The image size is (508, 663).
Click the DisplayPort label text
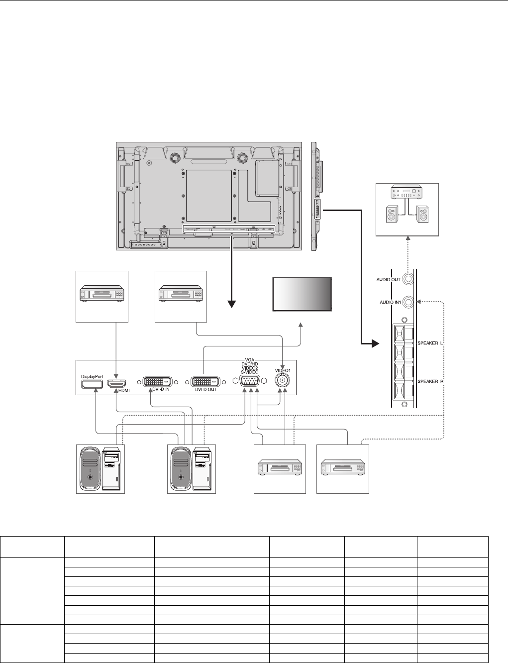tap(92, 376)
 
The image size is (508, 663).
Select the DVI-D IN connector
tap(157, 382)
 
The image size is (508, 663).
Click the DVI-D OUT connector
tap(205, 382)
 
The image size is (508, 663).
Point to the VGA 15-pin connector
tap(250, 381)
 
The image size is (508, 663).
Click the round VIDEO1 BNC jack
tap(282, 380)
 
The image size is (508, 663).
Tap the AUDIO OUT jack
tap(408, 279)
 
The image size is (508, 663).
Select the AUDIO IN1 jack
tap(408, 302)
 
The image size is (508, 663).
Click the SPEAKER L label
tap(430, 343)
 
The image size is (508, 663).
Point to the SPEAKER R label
tap(430, 381)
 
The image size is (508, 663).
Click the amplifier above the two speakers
tap(407, 192)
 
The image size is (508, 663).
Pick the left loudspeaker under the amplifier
tap(392, 214)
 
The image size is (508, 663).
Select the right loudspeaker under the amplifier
tap(422, 214)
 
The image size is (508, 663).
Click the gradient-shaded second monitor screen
tap(302, 294)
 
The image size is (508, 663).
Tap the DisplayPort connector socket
tap(92, 384)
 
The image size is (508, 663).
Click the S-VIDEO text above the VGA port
tap(250, 372)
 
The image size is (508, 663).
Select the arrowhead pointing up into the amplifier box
tap(408, 238)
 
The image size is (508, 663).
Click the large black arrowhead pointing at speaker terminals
tap(375, 344)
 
